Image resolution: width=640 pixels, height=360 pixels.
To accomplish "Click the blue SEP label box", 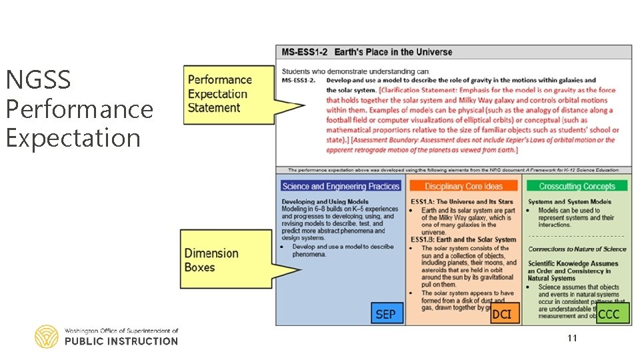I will [385, 313].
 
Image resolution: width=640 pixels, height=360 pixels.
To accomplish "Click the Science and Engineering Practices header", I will [341, 186].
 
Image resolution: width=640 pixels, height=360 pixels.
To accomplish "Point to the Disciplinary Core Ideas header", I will [463, 186].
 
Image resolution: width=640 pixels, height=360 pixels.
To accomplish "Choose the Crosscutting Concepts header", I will [577, 186].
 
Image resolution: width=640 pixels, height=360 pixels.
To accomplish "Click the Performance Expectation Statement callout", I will [221, 94].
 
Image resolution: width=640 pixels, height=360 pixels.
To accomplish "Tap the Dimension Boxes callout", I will [212, 260].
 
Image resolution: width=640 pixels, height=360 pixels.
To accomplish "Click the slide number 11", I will [572, 339].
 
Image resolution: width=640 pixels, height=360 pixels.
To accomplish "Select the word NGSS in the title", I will [38, 80].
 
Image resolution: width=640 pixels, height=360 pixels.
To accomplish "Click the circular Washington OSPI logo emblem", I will [47, 337].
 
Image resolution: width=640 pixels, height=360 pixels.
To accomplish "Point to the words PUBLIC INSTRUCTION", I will [121, 341].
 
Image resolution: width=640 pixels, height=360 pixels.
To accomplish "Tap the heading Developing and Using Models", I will [325, 201].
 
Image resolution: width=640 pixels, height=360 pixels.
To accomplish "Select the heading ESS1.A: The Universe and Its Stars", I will [462, 201].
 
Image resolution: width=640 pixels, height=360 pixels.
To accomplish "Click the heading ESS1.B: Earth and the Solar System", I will [463, 239].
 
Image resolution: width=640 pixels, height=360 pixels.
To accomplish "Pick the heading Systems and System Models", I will [569, 201].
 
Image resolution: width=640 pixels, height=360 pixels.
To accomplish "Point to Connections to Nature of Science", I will [577, 249].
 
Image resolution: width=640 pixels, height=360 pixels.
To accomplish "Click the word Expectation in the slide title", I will [73, 138].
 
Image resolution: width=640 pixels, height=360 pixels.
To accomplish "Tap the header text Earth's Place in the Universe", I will [393, 52].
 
